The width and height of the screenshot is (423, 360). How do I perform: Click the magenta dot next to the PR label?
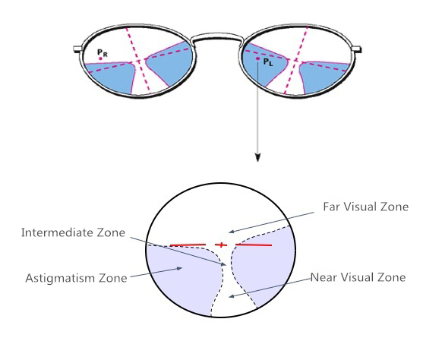(x=100, y=58)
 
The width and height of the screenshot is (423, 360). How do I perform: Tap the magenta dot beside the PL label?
(x=258, y=58)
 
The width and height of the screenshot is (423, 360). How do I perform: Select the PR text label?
(x=103, y=52)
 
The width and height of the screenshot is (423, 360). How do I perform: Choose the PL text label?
(x=268, y=62)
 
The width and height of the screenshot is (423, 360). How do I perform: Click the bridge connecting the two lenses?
(x=217, y=36)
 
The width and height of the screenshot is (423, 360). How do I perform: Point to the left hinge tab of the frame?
(x=78, y=49)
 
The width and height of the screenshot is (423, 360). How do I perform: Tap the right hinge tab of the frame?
(x=357, y=49)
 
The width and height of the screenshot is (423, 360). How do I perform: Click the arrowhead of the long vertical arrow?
(x=258, y=157)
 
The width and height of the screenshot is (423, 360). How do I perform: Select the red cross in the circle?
(x=221, y=245)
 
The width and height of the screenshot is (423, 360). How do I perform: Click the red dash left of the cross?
(x=188, y=245)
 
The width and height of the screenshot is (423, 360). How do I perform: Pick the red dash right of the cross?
(x=254, y=245)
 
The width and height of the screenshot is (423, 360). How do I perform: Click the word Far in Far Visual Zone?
(x=331, y=207)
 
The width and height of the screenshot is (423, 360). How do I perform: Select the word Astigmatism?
(x=59, y=278)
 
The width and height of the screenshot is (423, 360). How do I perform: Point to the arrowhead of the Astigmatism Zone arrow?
(x=179, y=268)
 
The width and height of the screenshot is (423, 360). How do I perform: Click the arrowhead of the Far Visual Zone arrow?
(x=232, y=232)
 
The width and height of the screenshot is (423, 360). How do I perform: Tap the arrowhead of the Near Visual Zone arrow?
(x=232, y=296)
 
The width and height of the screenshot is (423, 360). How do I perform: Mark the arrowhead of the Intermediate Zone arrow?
(x=223, y=264)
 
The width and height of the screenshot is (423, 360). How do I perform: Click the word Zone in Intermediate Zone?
(x=111, y=232)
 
